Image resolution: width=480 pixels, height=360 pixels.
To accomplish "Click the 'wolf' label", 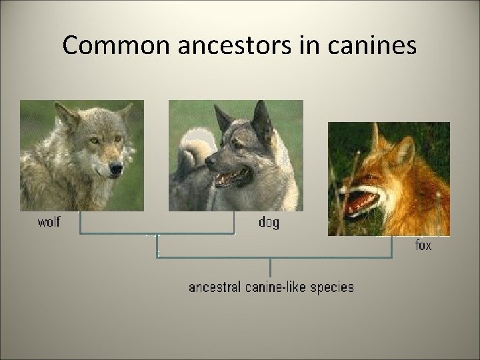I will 48,223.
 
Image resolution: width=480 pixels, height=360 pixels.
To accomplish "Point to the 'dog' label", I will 269,223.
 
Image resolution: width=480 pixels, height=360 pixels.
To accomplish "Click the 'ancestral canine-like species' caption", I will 271,287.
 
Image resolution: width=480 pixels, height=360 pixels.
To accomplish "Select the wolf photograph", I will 81,155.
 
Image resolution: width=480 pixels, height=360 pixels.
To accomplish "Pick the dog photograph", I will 235,155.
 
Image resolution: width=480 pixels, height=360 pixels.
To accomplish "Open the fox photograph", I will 388,178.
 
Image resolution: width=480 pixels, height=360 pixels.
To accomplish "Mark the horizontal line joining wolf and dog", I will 157,233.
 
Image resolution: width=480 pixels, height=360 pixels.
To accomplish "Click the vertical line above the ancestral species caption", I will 270,267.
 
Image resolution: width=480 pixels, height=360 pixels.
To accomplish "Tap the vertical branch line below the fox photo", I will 391,247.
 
